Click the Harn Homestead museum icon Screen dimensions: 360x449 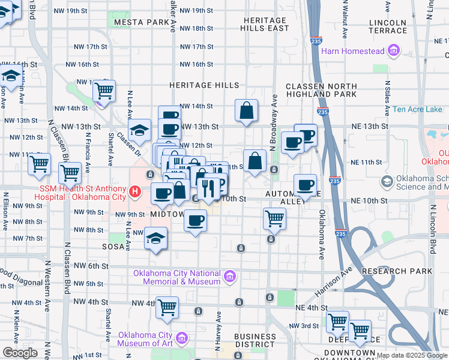pyautogui.click(x=394, y=51)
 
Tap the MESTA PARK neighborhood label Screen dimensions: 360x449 pyautogui.click(x=143, y=22)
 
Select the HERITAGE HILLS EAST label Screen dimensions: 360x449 pyautogui.click(x=265, y=24)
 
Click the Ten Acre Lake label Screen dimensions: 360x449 pyautogui.click(x=417, y=109)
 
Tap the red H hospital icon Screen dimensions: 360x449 pyautogui.click(x=136, y=192)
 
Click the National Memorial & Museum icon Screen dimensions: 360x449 pyautogui.click(x=229, y=277)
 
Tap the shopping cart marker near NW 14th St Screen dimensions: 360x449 pyautogui.click(x=104, y=91)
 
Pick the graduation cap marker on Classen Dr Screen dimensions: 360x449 pyautogui.click(x=139, y=130)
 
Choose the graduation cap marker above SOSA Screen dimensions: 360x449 pyautogui.click(x=155, y=239)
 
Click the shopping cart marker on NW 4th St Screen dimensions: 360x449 pyautogui.click(x=167, y=307)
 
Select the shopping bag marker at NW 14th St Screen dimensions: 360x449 pyautogui.click(x=246, y=110)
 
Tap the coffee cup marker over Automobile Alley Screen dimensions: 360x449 pyautogui.click(x=305, y=185)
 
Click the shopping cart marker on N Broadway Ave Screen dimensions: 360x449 pyautogui.click(x=274, y=219)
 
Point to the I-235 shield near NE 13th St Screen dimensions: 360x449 pyautogui.click(x=322, y=111)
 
